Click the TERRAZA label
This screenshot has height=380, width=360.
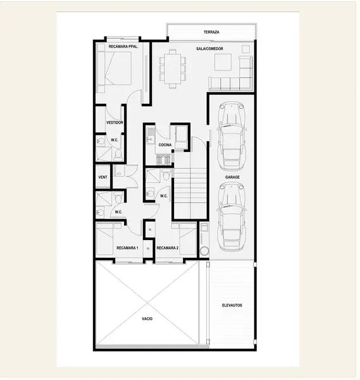click(211, 32)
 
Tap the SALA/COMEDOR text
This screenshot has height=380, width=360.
click(209, 49)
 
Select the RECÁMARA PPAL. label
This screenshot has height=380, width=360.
click(123, 46)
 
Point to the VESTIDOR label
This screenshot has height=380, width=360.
click(115, 123)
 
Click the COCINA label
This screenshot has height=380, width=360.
click(165, 145)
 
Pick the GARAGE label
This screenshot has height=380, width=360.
click(232, 177)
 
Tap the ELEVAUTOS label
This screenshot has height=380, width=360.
click(232, 305)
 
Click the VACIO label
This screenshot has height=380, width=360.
click(147, 319)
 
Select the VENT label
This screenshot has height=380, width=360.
click(103, 177)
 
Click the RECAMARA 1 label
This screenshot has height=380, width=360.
click(127, 248)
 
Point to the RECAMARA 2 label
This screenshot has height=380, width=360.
click(168, 248)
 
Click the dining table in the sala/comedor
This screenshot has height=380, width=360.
click(173, 69)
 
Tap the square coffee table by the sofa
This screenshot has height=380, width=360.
click(223, 62)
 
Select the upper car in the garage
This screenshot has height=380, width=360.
click(232, 136)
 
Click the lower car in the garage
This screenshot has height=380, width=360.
click(232, 217)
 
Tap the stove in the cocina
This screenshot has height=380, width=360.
click(164, 160)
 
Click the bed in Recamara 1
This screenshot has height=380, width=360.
click(105, 239)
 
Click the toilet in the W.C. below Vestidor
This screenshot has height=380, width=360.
click(118, 155)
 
